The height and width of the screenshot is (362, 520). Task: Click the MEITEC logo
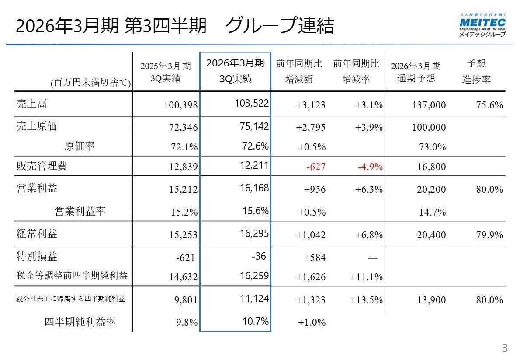pos(482,25)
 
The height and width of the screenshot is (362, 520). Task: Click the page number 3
pos(505,348)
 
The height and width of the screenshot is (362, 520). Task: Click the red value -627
pos(316,167)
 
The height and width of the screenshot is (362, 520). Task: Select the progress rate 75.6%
pos(489,105)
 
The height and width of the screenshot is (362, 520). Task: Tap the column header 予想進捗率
pos(476,72)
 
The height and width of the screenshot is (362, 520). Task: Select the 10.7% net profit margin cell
pos(255,322)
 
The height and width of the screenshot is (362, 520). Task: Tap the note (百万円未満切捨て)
pos(90,82)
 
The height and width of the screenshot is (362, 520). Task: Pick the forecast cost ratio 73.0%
pos(432,147)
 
